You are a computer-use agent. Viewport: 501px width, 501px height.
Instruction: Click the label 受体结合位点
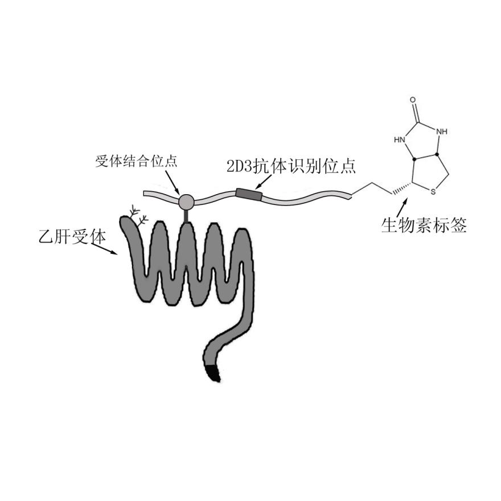135,161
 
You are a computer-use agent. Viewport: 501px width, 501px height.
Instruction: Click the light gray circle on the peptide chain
186,201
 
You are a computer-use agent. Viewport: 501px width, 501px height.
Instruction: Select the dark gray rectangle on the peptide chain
249,195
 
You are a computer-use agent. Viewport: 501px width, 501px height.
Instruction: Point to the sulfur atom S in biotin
433,192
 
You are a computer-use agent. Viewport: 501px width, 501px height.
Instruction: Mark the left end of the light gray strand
146,194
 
